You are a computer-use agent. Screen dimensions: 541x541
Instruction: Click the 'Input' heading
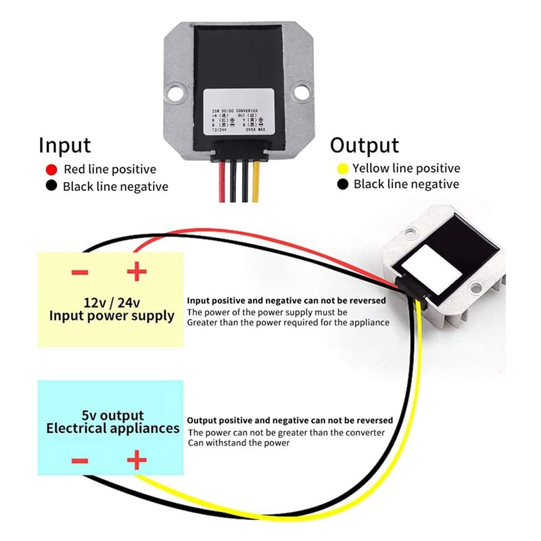64,145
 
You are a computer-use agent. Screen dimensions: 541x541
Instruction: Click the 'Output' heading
364,145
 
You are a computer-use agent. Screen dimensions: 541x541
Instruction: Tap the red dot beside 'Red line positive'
50,170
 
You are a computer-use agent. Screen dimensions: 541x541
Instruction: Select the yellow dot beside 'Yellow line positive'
342,168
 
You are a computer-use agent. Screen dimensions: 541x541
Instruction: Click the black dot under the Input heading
50,186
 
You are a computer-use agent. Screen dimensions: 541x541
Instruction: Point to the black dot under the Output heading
342,185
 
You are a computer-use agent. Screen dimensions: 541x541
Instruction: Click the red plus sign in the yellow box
137,273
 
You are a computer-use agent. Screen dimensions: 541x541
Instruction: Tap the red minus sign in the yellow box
80,273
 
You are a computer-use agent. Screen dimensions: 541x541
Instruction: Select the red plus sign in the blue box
137,461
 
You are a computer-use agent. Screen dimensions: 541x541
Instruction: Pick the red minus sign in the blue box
80,462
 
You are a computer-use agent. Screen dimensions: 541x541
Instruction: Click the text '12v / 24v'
112,302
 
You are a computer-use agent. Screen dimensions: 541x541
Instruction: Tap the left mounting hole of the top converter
176,89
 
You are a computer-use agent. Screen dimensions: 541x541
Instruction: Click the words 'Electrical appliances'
112,428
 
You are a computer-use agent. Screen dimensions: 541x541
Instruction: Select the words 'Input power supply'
112,316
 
